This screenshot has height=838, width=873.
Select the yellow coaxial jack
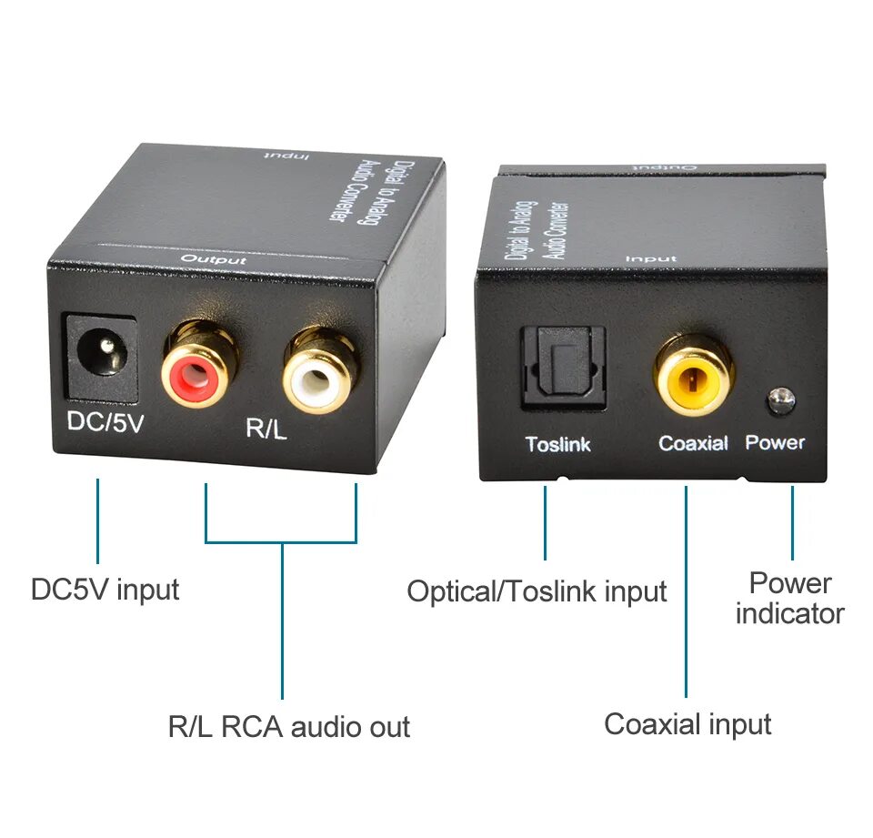coord(693,375)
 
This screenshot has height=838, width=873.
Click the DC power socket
coord(100,357)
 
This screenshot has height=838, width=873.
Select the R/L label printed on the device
coord(266,429)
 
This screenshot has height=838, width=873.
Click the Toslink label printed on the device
coord(557,445)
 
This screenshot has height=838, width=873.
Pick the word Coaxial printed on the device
coord(694,443)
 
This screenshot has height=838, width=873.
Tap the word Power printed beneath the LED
coord(775,443)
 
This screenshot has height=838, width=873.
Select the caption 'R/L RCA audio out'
coord(289,727)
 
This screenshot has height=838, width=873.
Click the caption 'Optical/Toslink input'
coord(537,591)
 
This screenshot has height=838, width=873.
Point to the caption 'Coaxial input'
coord(687,724)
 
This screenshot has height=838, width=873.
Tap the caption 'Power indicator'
coord(789,598)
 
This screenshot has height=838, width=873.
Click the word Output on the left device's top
coord(214,260)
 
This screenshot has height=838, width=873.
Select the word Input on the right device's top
coord(650,259)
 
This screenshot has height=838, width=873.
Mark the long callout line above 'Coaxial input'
coord(687,591)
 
